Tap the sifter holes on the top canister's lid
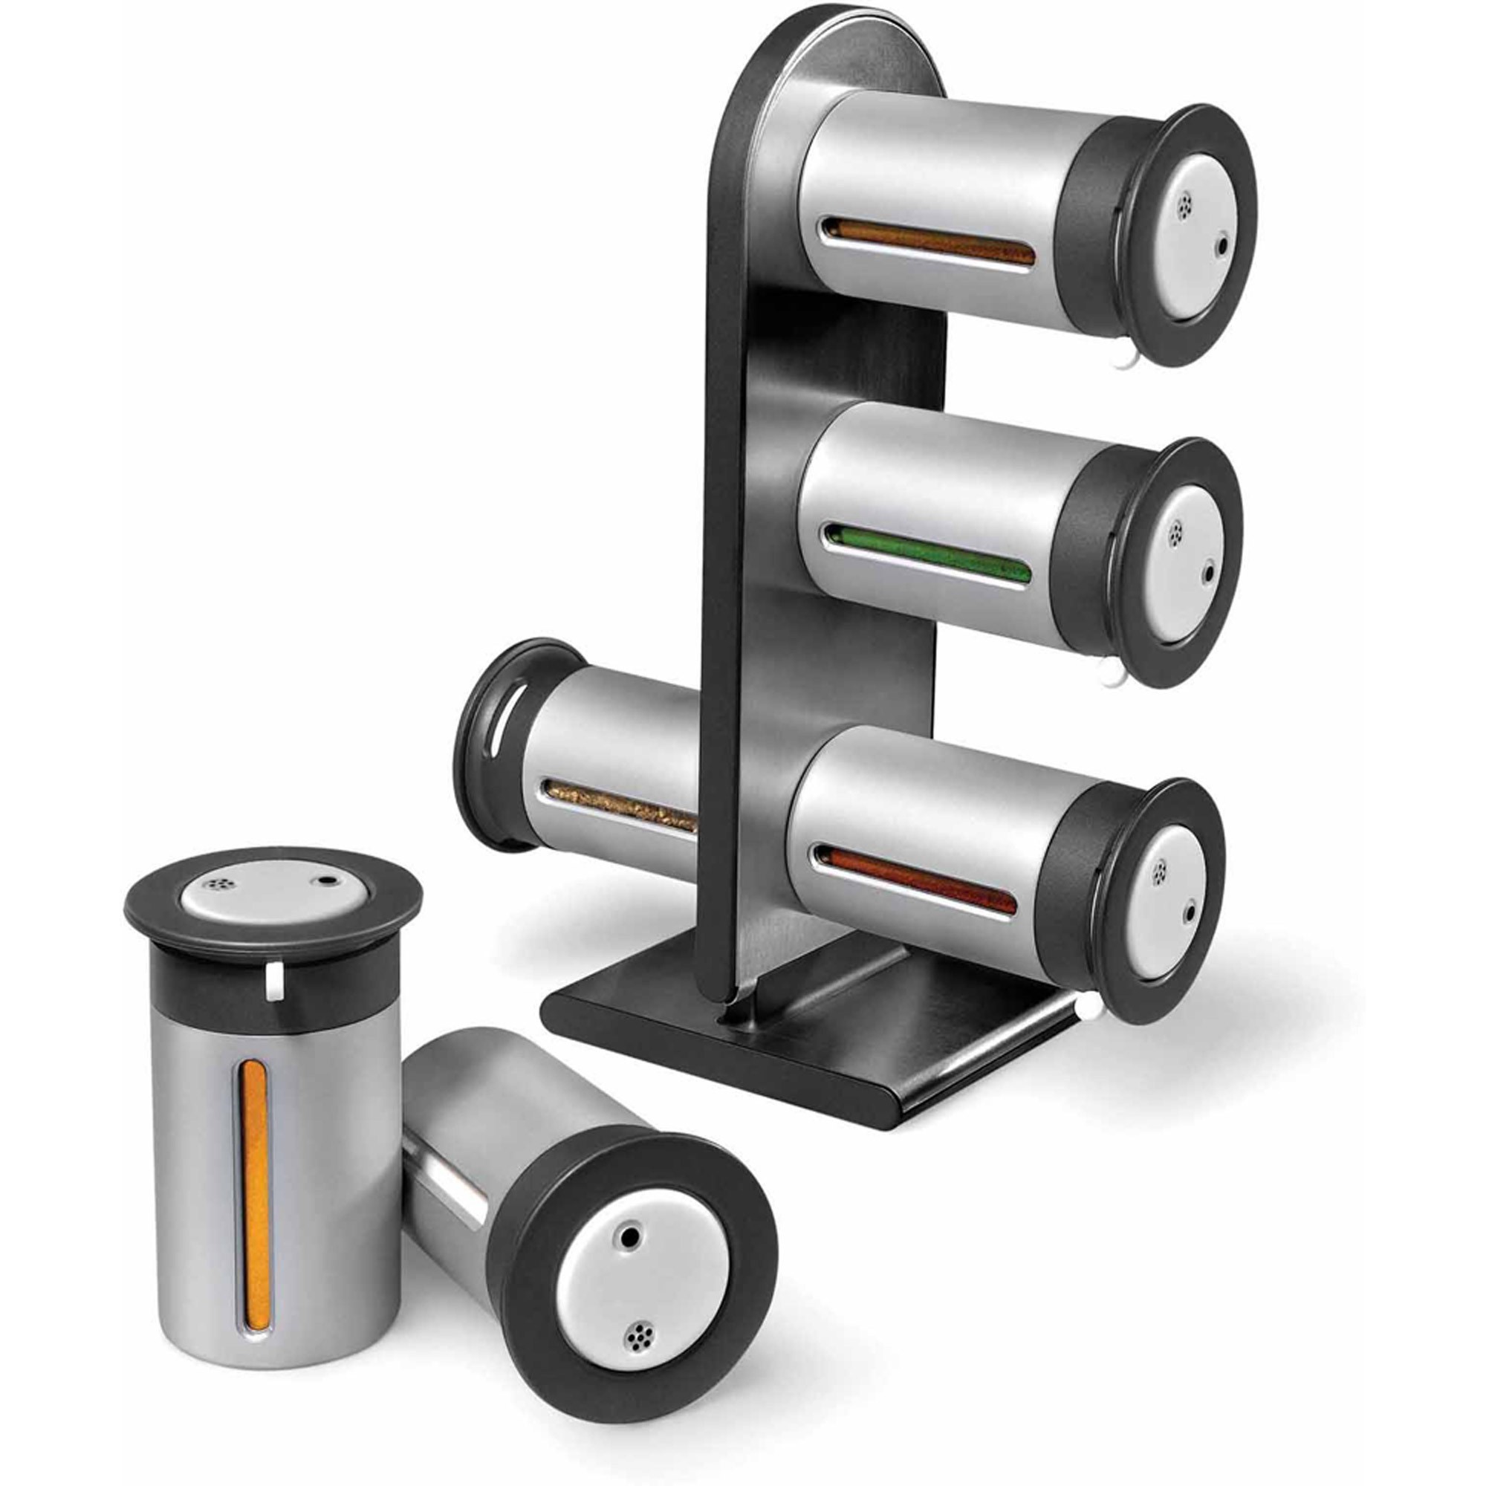[1185, 203]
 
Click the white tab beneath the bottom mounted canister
[1088, 1006]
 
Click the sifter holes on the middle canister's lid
[1175, 533]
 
